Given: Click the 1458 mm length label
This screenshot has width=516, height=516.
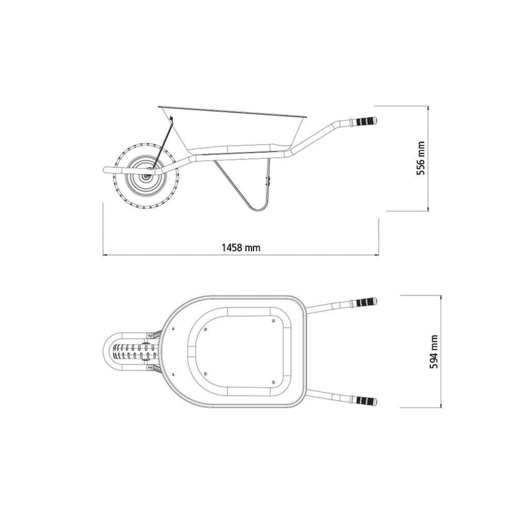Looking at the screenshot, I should pyautogui.click(x=240, y=248).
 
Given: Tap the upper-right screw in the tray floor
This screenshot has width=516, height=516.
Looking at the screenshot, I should pyautogui.click(x=273, y=320).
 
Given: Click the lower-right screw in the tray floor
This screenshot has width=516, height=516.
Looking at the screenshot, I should pyautogui.click(x=273, y=382).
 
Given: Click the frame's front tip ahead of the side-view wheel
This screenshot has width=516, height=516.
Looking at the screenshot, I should pyautogui.click(x=105, y=171).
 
